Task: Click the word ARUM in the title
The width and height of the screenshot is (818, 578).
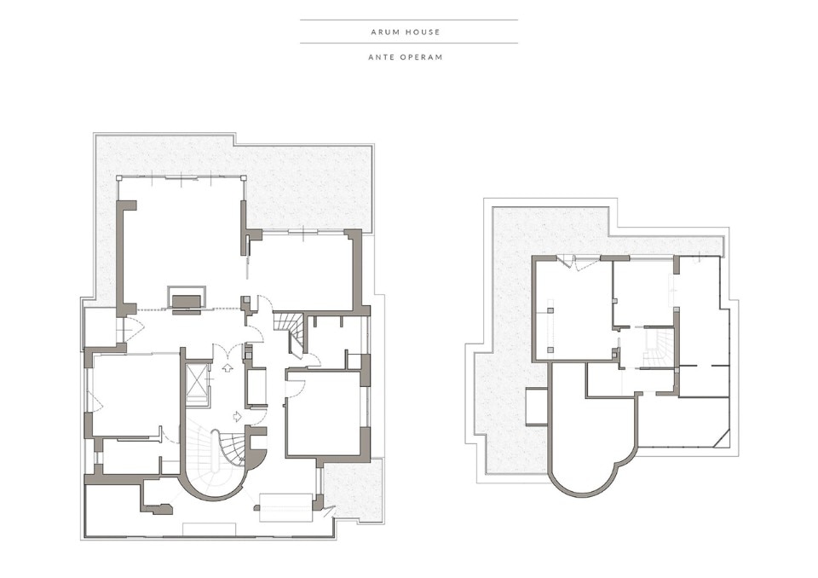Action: (384, 32)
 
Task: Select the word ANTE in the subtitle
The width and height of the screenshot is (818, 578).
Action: (380, 57)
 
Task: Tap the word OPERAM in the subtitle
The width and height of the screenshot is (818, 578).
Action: (421, 57)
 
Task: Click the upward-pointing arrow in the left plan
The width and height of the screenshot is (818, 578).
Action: (228, 367)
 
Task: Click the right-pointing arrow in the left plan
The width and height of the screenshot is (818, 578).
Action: (237, 416)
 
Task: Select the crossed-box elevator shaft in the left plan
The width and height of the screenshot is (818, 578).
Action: (197, 378)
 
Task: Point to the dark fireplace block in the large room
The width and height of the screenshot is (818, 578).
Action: (187, 302)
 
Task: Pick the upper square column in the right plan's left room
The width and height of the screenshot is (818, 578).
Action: (550, 310)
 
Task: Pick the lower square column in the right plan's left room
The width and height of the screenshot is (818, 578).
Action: (550, 350)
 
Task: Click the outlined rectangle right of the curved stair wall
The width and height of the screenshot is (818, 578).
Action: (285, 507)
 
